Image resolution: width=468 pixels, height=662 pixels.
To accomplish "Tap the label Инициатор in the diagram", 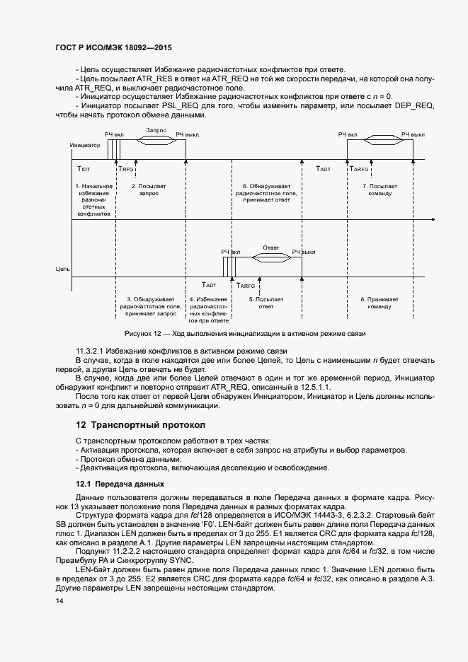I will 84,145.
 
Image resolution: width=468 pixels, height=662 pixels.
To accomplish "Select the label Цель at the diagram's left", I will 63,269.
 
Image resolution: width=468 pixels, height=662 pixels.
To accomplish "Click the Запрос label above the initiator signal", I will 156,131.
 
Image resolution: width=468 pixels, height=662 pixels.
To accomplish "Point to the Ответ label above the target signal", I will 271,248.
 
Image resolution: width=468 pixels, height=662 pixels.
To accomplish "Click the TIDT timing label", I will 84,170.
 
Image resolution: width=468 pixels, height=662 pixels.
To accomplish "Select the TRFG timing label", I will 126,170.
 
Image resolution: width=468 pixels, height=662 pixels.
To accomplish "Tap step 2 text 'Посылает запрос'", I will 149,190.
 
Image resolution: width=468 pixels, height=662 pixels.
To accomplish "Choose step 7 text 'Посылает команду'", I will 379,190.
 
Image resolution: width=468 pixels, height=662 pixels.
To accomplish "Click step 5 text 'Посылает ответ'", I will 266,303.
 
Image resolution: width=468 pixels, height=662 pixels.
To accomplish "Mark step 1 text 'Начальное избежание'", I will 93,190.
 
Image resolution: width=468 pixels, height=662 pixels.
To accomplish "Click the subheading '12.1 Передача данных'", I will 120,484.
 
